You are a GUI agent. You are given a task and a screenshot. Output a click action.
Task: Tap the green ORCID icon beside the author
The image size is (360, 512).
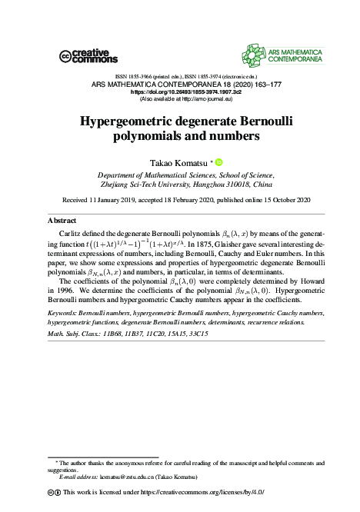(218, 162)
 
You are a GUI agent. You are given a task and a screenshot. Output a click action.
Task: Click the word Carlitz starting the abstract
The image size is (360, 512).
(72, 231)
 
